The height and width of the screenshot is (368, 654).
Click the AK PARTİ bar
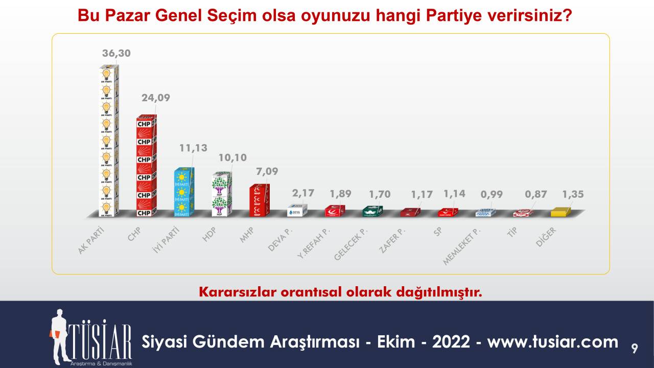(108, 141)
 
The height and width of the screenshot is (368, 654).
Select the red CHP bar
(146, 166)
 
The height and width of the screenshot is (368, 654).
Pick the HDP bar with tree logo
(222, 194)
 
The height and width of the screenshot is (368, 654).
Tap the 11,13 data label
(193, 148)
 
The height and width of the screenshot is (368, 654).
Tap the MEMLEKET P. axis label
(462, 247)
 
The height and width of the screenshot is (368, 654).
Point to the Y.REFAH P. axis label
(314, 245)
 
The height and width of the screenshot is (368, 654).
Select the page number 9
(634, 350)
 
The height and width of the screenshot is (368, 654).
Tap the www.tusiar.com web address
(553, 341)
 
